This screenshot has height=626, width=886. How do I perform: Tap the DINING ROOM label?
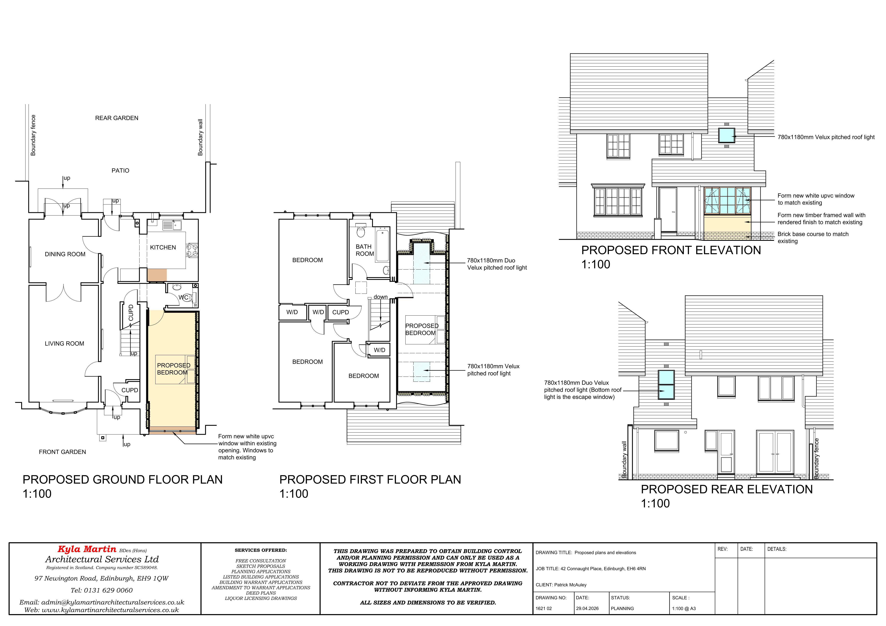coord(65,254)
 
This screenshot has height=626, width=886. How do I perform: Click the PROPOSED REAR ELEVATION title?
coord(727,489)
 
